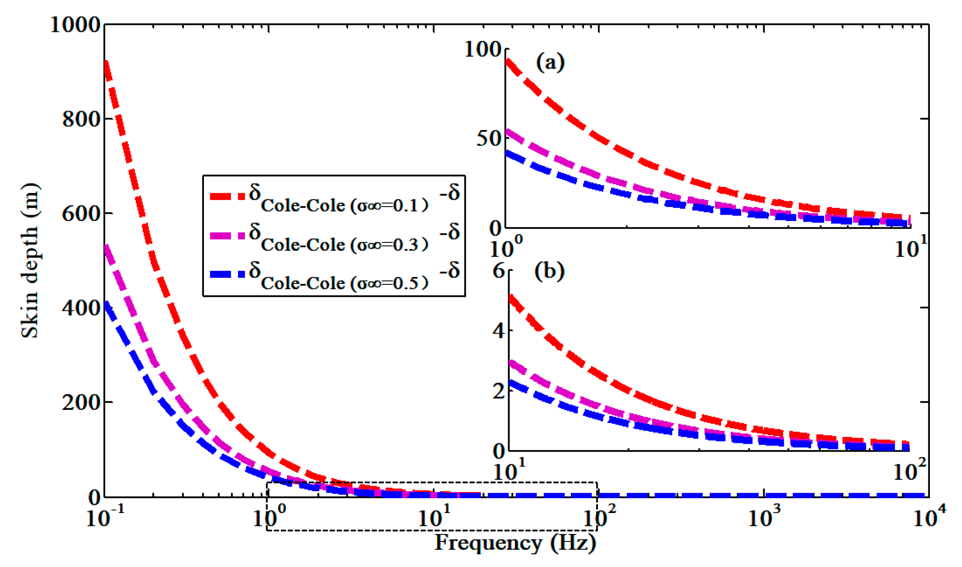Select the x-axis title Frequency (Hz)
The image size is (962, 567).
point(515,542)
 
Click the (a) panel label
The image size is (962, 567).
point(550,62)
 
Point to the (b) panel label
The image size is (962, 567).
point(549,272)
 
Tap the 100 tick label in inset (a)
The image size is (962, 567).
point(483,50)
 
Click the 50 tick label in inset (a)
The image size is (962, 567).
point(489,138)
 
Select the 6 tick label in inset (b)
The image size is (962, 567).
point(498,271)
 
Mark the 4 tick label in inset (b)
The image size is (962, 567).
point(498,331)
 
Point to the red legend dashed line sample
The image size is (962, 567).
point(227,196)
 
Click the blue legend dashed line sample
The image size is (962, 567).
point(227,274)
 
